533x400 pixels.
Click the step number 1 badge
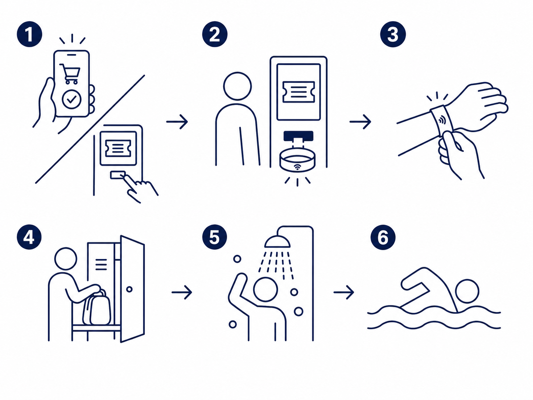(x=29, y=34)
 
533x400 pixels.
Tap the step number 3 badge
(x=393, y=34)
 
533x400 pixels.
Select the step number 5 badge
(x=215, y=237)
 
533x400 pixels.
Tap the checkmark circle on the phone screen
(x=71, y=99)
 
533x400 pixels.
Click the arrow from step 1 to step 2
(x=177, y=122)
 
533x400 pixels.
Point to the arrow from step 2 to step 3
(x=360, y=122)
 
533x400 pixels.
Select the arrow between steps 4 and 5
(x=182, y=292)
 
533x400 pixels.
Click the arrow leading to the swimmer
(x=343, y=292)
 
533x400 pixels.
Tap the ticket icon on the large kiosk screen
(x=299, y=92)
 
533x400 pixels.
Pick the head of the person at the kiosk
(x=237, y=86)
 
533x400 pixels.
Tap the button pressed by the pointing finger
(x=118, y=175)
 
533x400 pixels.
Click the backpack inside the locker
(x=97, y=308)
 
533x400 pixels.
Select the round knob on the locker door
(x=130, y=289)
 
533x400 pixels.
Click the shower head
(x=277, y=241)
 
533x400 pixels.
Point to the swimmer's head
(x=467, y=291)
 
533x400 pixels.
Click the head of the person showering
(x=265, y=290)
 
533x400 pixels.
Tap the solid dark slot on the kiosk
(x=299, y=136)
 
